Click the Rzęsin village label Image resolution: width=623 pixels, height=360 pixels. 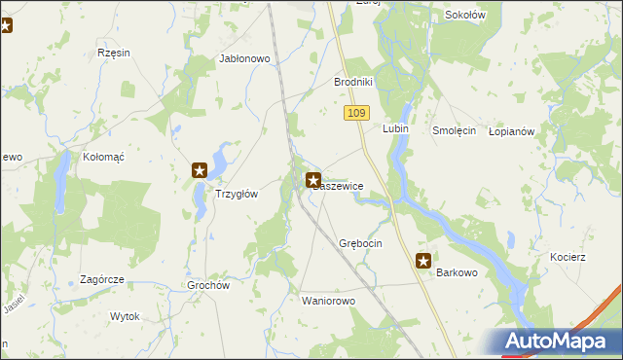click(114, 53)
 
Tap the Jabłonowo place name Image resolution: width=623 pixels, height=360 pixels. click(244, 58)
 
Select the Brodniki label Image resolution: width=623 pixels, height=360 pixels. click(354, 83)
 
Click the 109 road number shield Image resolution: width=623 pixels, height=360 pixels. click(356, 114)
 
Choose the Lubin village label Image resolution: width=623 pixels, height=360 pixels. click(394, 129)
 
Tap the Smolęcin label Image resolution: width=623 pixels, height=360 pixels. click(454, 129)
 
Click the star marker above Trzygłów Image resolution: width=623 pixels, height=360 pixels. click(200, 170)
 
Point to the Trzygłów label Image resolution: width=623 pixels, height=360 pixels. click(236, 194)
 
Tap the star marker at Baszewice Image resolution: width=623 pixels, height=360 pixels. click(313, 180)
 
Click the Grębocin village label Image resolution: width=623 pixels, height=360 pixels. click(360, 242)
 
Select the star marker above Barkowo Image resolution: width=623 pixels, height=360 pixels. click(423, 260)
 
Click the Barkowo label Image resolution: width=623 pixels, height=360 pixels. click(457, 273)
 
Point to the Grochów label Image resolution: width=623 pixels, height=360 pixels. click(207, 286)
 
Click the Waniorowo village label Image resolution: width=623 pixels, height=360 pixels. click(330, 301)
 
